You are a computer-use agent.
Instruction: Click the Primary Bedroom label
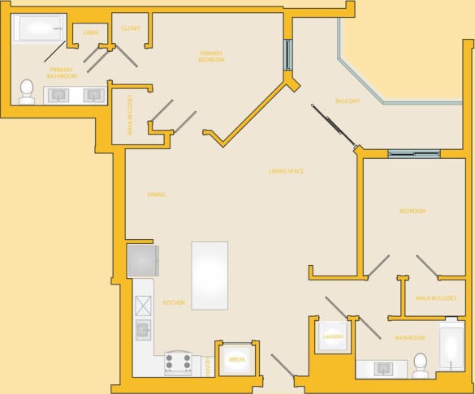click(211, 57)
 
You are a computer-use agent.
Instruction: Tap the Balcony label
click(348, 101)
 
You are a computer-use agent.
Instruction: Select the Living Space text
click(286, 171)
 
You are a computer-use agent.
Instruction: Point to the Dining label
click(157, 195)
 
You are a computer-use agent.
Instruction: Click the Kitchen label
click(174, 302)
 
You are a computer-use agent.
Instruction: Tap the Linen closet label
click(91, 32)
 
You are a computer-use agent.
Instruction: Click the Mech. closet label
click(236, 358)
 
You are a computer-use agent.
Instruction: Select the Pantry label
click(205, 366)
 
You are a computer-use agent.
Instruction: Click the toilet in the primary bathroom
click(27, 91)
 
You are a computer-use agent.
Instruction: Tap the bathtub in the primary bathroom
click(37, 30)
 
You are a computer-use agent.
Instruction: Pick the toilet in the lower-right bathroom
click(420, 365)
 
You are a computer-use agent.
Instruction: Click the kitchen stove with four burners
click(178, 362)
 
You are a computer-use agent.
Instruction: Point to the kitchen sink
click(143, 329)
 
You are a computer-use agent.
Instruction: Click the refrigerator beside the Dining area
click(143, 261)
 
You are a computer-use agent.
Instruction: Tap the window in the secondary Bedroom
click(413, 154)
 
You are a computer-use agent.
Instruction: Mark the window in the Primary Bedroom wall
click(287, 54)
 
